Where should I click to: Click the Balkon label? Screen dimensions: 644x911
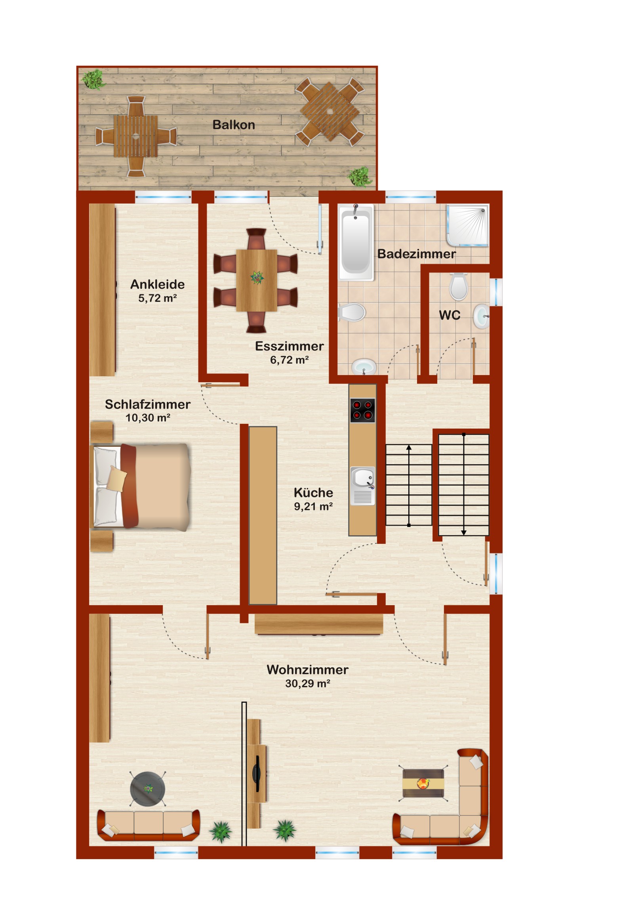(234, 125)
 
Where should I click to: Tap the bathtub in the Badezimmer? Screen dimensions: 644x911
(356, 242)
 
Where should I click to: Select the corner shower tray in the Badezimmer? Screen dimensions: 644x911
(467, 225)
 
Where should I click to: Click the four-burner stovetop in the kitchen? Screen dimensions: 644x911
(362, 410)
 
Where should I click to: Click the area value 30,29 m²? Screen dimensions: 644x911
(307, 683)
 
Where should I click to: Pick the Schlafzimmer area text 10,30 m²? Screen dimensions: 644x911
(148, 417)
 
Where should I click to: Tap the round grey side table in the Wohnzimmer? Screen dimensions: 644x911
(148, 789)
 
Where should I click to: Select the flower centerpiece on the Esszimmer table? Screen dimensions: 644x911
(257, 277)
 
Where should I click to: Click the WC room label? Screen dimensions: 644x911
(450, 315)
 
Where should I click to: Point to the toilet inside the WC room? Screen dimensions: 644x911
(458, 286)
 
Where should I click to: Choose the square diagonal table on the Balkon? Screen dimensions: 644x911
(330, 111)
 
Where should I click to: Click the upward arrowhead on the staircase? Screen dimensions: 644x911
(409, 448)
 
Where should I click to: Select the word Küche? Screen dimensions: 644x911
(313, 492)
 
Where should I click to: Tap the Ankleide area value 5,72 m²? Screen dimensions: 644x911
(158, 298)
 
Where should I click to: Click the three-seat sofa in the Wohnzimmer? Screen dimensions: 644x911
(149, 826)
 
